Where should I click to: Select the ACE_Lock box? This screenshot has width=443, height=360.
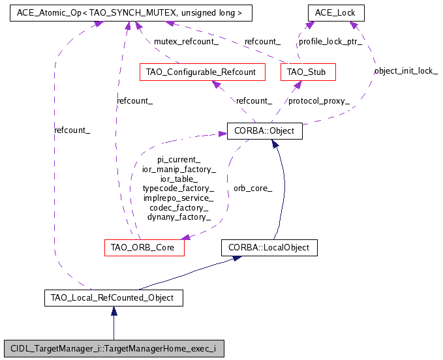[x=335, y=12]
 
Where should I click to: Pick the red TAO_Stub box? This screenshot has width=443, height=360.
[x=307, y=71]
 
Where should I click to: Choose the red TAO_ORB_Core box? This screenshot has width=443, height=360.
[x=144, y=248]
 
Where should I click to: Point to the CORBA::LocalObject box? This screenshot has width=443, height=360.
[x=269, y=248]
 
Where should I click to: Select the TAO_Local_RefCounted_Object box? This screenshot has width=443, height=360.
[x=113, y=298]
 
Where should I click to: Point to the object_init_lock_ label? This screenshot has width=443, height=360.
[x=406, y=70]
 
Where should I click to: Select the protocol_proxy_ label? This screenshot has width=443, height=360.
[x=319, y=100]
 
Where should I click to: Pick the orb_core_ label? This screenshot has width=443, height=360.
[x=252, y=188]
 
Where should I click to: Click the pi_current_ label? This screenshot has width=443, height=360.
[x=179, y=159]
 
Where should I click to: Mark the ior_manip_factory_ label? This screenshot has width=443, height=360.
[x=179, y=169]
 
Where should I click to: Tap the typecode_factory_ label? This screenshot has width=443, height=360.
[x=179, y=188]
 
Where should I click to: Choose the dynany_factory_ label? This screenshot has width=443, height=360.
[x=179, y=217]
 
